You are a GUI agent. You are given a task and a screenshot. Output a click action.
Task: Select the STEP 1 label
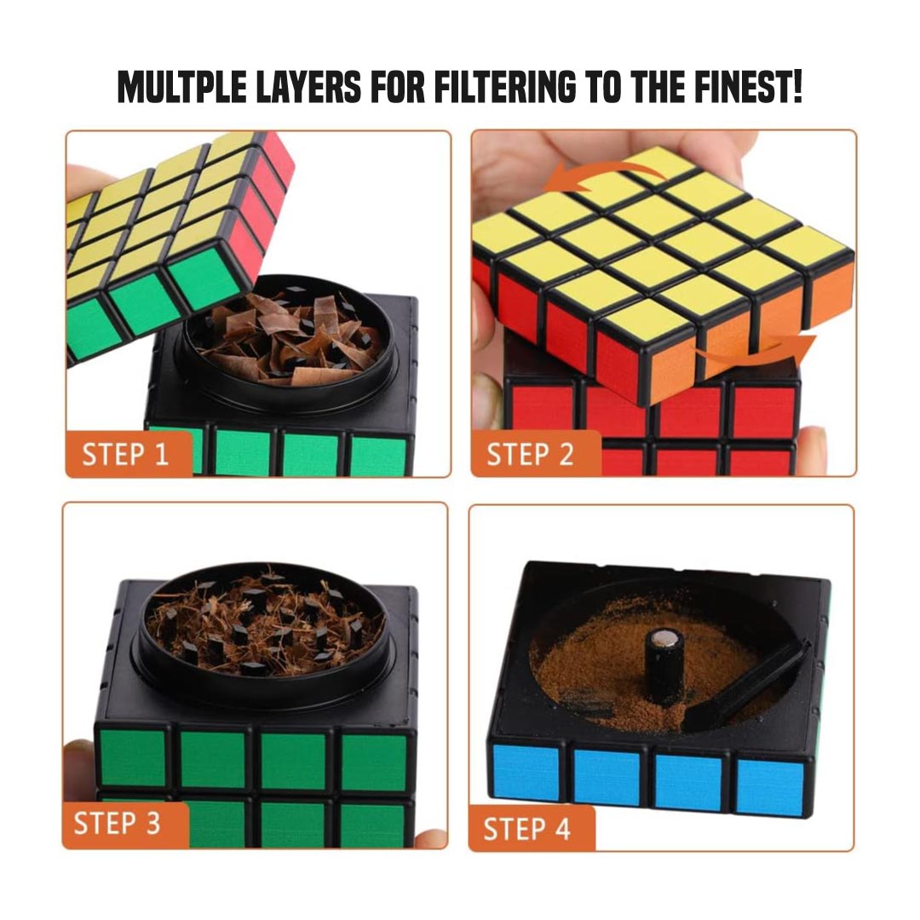(125, 454)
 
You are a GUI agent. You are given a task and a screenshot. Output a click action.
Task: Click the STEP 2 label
(531, 454)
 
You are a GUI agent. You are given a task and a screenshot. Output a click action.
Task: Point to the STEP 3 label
(117, 824)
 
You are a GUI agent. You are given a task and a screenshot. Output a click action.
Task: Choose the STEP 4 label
(526, 828)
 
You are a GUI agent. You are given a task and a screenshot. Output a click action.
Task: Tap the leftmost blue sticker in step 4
(526, 771)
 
